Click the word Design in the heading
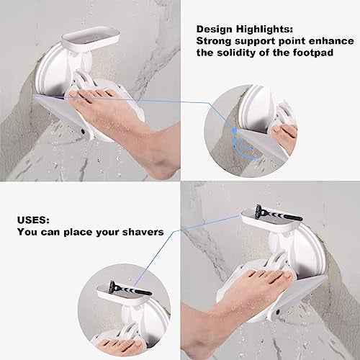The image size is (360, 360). pos(215,29)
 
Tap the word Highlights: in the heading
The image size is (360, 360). pos(264,29)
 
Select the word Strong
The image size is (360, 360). pos(214,41)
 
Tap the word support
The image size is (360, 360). pos(255,42)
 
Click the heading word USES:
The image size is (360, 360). pos(33,220)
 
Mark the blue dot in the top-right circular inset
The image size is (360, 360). pos(235,130)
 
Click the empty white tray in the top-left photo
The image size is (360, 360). pos(91,38)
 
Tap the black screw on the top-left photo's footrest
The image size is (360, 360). pos(84,132)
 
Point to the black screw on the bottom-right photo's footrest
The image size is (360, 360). pos(278,312)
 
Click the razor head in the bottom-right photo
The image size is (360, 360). pos(260,210)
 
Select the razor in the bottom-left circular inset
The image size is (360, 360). pos(130,289)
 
